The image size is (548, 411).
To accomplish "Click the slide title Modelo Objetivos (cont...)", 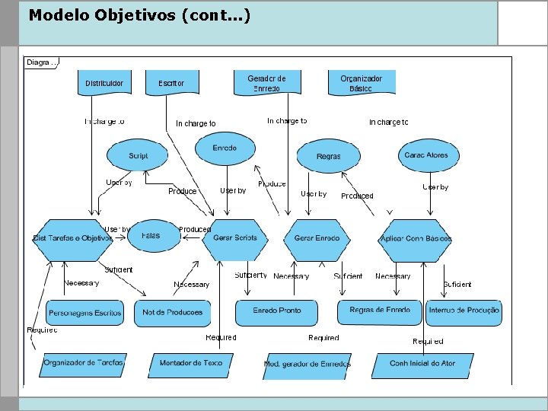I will (139, 15).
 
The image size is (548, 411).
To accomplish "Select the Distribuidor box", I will (104, 83).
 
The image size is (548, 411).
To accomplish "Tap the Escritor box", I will (171, 83).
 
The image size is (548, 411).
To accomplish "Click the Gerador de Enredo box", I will (266, 83).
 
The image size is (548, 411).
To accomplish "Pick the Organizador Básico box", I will (362, 83).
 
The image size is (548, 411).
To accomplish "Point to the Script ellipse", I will (139, 155).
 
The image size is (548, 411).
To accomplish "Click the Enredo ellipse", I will (225, 148).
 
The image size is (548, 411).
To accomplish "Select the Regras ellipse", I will (328, 156).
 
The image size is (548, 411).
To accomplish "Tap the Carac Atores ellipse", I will (426, 155).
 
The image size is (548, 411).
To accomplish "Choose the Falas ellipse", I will (151, 236).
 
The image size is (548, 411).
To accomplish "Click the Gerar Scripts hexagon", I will (235, 238).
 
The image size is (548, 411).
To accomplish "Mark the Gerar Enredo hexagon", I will (317, 238).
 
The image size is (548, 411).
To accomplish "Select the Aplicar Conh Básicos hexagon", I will (416, 238).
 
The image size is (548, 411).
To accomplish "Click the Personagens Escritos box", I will (85, 312).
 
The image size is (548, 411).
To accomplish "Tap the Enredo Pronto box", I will (277, 311).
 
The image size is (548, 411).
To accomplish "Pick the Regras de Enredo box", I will (380, 311).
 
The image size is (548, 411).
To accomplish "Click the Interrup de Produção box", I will (464, 311).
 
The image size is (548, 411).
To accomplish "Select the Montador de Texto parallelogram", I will (190, 364).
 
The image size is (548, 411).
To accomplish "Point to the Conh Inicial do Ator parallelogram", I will (422, 364).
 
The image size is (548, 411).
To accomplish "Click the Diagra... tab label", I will (41, 62).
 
